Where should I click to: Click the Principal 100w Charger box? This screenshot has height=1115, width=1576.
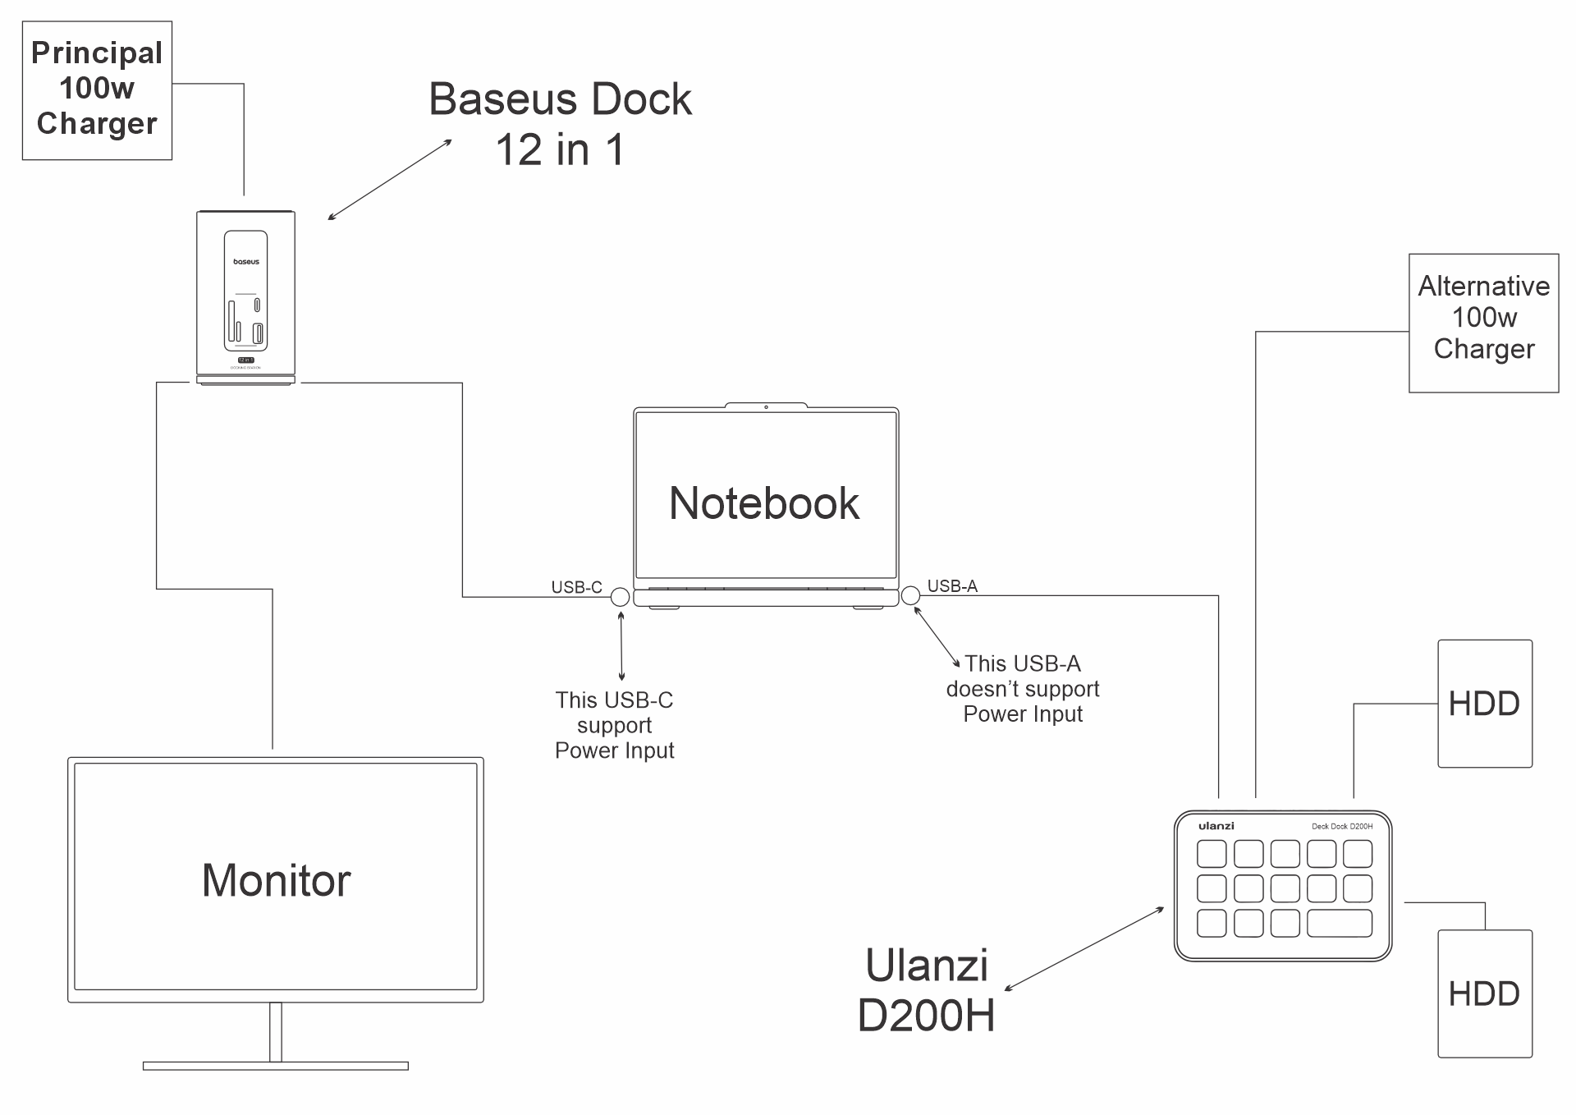coord(97,90)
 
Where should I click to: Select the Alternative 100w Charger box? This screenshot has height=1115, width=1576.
coord(1483,322)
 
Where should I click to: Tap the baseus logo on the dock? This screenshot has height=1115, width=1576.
coord(245,262)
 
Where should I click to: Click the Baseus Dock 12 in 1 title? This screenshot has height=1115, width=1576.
coord(560,123)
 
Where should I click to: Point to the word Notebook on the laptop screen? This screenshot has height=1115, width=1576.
coord(764,502)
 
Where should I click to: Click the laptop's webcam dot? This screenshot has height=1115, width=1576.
coord(766,407)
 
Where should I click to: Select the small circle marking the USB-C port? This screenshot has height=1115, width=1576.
coord(621,597)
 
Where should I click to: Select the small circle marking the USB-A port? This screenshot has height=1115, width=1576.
coord(910,595)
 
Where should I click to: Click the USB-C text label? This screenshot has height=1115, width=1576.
coord(576,587)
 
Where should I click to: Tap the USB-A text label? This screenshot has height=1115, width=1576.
coord(952,585)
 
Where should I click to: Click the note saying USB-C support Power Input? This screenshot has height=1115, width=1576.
coord(614,725)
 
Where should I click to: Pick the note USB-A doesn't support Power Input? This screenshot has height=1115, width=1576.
coord(1022,689)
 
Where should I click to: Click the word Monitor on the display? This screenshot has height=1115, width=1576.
coord(276,880)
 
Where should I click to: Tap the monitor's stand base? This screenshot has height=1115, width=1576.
coord(275,1066)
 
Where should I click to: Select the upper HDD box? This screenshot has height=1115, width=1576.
coord(1484,704)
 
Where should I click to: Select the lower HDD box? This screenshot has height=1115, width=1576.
coord(1484,993)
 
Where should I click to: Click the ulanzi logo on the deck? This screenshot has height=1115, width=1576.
coord(1216,826)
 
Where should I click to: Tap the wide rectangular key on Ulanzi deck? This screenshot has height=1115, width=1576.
coord(1339,923)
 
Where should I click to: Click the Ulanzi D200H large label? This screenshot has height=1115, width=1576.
coord(926,990)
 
